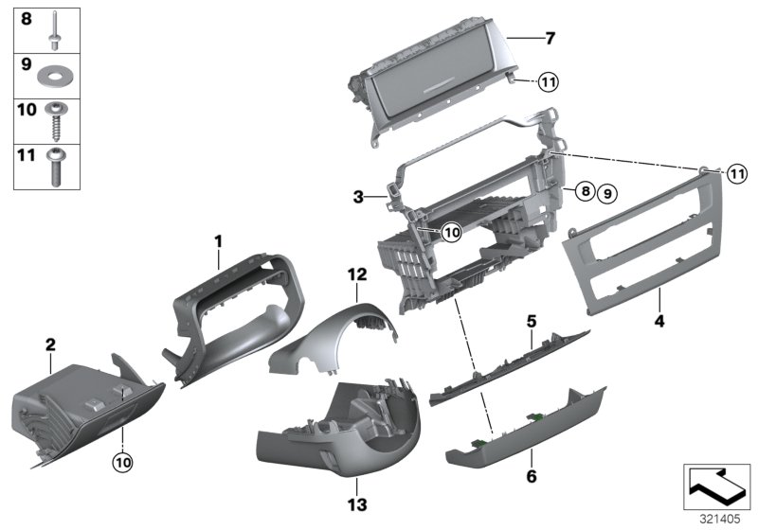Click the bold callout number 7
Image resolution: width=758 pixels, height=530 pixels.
(x=550, y=39)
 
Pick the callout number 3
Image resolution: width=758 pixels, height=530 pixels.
(x=359, y=197)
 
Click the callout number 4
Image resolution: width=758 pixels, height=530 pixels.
(x=659, y=321)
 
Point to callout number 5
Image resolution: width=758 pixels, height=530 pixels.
(x=531, y=321)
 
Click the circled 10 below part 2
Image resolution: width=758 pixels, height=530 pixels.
(x=123, y=463)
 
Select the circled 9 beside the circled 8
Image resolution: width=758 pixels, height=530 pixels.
(x=606, y=192)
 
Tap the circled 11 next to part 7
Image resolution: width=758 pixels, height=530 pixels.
(x=550, y=83)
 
